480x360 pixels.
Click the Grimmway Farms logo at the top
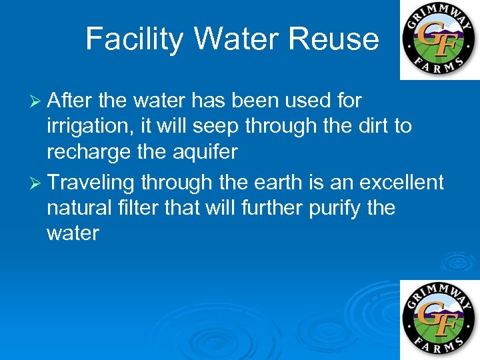click(x=439, y=40)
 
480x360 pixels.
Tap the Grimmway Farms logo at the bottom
click(x=439, y=319)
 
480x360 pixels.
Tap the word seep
click(x=217, y=127)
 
